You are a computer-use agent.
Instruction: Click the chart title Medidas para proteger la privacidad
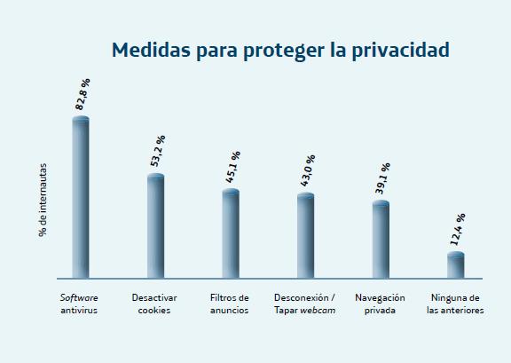click(x=280, y=51)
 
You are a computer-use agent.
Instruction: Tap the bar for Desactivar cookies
click(x=155, y=225)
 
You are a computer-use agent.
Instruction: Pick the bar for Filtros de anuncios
click(x=231, y=233)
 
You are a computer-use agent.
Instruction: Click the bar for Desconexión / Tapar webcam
click(x=305, y=235)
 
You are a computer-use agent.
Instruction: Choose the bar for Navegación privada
click(x=381, y=240)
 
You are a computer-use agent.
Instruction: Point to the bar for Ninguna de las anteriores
click(x=456, y=265)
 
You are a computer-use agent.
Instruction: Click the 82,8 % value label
click(x=84, y=94)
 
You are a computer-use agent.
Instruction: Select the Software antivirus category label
click(x=80, y=304)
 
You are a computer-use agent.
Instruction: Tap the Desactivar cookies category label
click(x=154, y=304)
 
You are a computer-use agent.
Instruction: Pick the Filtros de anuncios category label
click(x=230, y=304)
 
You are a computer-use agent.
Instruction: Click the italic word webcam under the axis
click(x=318, y=311)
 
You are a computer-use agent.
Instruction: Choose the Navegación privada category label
click(x=380, y=304)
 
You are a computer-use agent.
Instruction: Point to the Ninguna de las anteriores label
click(x=455, y=304)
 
